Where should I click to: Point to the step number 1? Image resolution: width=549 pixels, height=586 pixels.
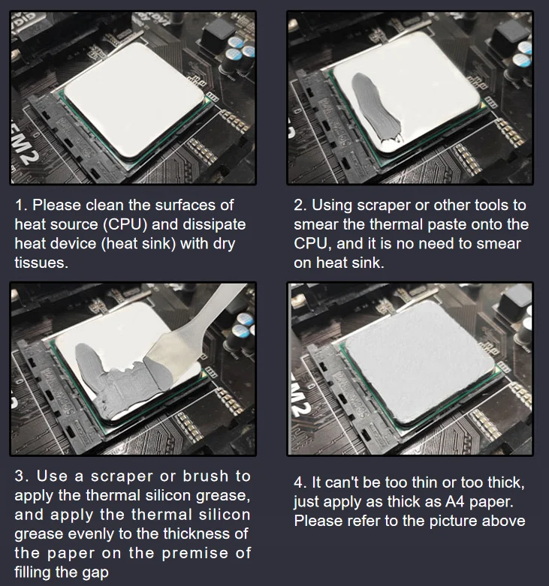coord(21,205)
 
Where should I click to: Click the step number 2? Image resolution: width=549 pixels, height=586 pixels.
coord(298,205)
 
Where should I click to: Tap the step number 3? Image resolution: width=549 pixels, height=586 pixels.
coord(20,476)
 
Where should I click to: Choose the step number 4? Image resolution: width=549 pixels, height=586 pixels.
coord(298,482)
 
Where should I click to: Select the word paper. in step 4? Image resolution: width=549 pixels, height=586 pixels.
coord(457,501)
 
